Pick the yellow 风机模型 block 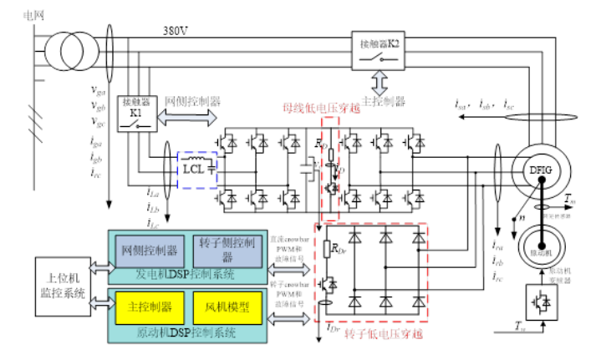222,307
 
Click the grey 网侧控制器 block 150,248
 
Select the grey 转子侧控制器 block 222,248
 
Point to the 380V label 177,31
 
